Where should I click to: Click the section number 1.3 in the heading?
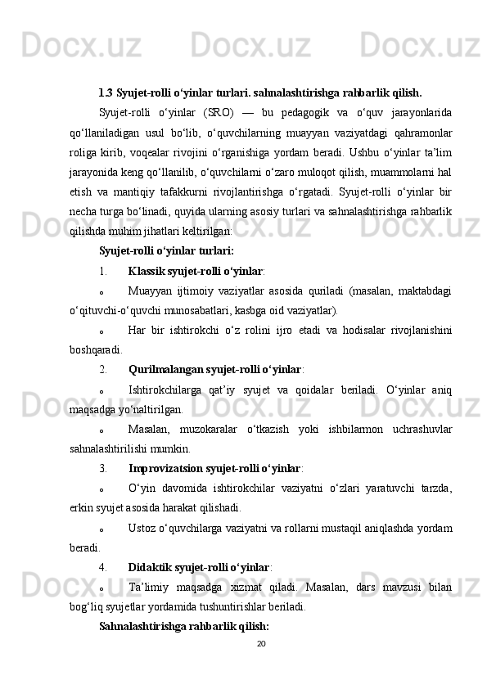pos(106,92)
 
